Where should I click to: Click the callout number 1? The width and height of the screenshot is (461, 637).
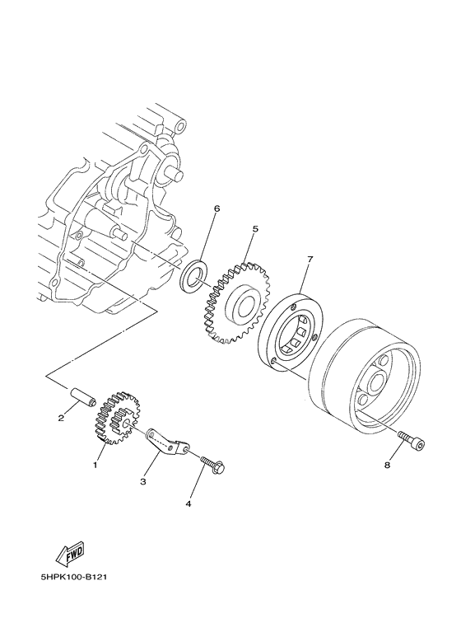95,465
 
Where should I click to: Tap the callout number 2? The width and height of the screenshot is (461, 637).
61,418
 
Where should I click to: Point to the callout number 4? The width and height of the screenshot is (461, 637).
189,502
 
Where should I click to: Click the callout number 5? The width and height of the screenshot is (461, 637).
255,230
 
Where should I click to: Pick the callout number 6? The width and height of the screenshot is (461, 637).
217,209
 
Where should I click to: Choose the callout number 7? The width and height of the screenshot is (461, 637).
310,260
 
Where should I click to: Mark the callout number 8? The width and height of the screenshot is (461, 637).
387,466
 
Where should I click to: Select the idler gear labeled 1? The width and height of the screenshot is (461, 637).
118,418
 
